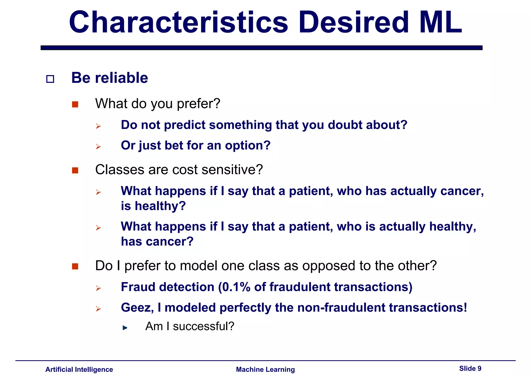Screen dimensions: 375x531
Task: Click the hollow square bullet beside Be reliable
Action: point(50,79)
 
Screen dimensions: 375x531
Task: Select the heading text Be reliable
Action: point(109,78)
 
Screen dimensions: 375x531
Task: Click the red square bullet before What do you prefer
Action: point(75,104)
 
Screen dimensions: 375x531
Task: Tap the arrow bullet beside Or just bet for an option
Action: point(98,147)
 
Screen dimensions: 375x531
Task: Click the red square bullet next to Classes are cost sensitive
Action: point(75,170)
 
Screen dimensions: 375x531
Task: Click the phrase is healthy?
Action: point(153,206)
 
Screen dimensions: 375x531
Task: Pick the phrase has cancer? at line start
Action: point(157,242)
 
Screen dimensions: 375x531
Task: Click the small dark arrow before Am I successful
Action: point(125,328)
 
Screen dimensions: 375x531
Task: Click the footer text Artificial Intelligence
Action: point(79,369)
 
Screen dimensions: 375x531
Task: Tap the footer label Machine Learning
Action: point(265,369)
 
